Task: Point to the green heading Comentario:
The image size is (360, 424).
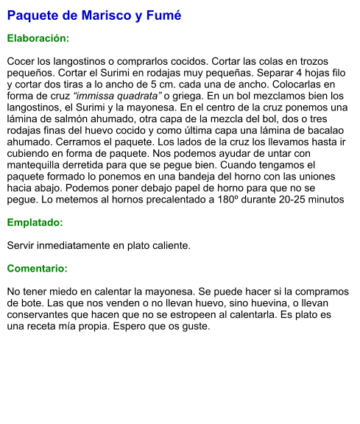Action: [38, 269]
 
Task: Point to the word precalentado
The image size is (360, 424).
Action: [170, 199]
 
